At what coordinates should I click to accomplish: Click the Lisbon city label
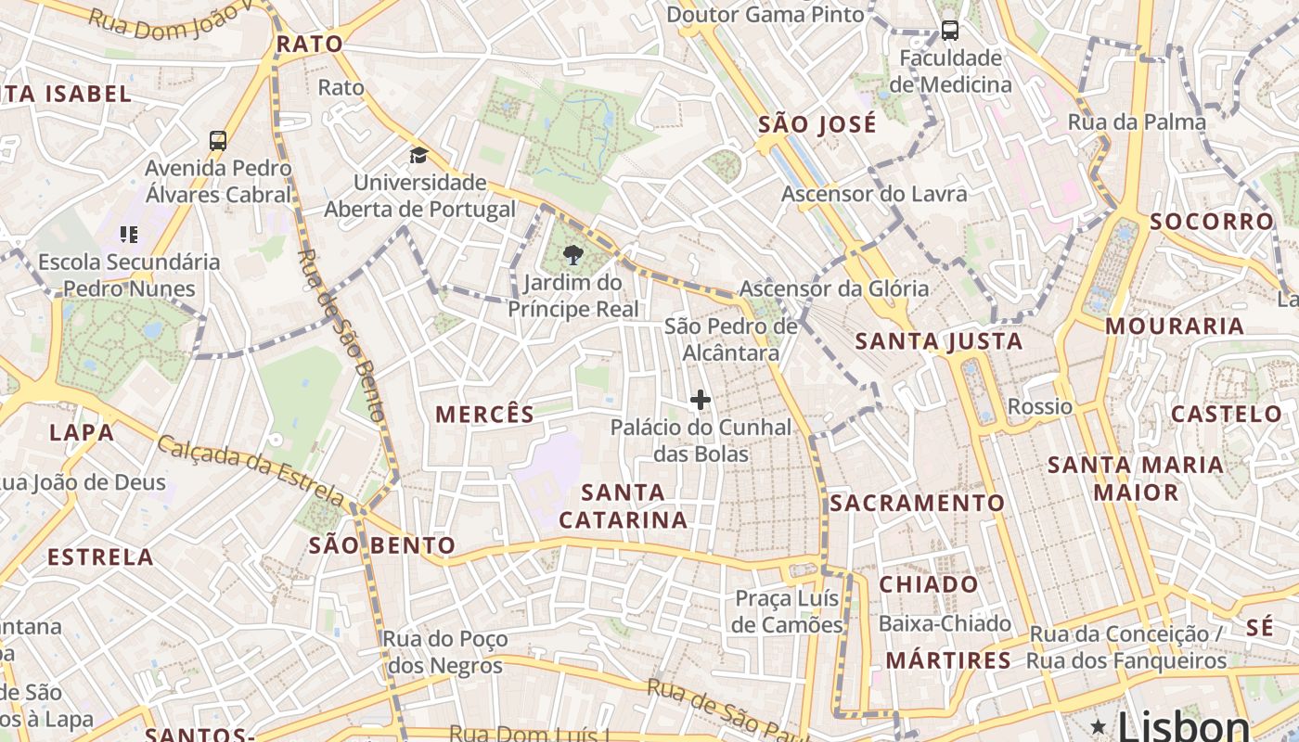[x=1183, y=725]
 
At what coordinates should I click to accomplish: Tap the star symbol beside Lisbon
[x=1099, y=725]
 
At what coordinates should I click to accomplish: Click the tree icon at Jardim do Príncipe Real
[x=573, y=255]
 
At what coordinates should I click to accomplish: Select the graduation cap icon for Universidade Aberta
[x=419, y=155]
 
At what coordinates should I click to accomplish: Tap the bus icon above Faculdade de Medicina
[x=950, y=30]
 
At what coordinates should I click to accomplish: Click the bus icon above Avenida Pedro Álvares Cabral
[x=218, y=141]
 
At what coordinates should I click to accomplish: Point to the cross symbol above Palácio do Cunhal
[x=701, y=400]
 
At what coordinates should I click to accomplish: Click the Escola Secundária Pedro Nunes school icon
[x=129, y=235]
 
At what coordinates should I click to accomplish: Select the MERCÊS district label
[x=485, y=415]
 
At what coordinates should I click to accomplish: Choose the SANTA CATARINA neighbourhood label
[x=624, y=506]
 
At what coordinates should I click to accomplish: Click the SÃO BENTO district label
[x=382, y=545]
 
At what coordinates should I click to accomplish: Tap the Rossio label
[x=1040, y=407]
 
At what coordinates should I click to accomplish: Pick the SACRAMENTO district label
[x=917, y=503]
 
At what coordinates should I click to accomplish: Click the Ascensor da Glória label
[x=834, y=288]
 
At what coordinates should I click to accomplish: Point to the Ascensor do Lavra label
[x=874, y=194]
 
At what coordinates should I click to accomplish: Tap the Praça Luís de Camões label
[x=787, y=611]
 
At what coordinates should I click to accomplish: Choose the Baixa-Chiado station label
[x=945, y=623]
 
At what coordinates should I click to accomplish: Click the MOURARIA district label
[x=1174, y=326]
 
